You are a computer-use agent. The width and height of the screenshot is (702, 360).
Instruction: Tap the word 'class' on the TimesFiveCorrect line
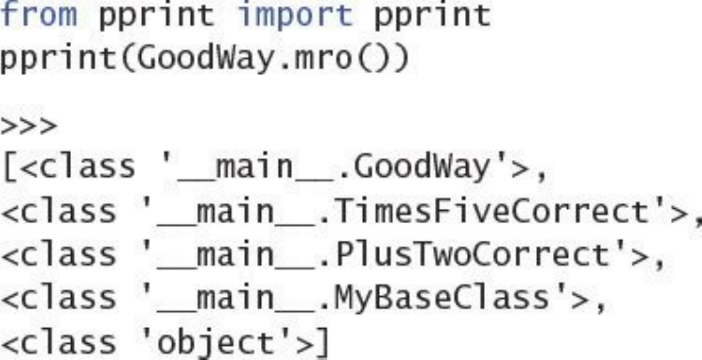(74, 212)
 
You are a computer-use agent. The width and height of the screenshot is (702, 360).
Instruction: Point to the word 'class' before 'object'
(74, 342)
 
